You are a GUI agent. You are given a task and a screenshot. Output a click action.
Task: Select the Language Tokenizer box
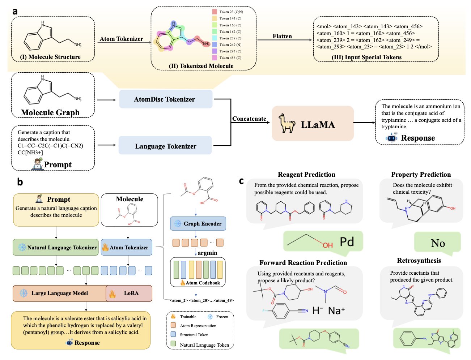click(x=165, y=146)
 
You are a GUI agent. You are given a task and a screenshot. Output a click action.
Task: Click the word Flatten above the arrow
click(x=282, y=36)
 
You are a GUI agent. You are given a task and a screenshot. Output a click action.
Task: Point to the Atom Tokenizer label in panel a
click(x=121, y=39)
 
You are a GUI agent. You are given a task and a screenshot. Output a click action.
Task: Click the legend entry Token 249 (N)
click(x=230, y=44)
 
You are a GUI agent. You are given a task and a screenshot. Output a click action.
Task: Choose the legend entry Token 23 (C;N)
click(x=231, y=12)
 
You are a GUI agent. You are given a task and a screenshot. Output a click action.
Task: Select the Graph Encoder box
click(x=198, y=224)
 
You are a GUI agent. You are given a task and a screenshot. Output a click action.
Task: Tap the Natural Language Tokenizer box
click(x=56, y=248)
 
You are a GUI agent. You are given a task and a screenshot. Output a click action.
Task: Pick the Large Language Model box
click(x=59, y=293)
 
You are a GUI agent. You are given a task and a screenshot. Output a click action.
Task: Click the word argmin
click(x=207, y=253)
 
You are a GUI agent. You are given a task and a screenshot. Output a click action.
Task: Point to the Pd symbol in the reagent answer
click(x=347, y=242)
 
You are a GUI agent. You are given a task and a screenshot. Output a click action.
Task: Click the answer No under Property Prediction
click(x=438, y=243)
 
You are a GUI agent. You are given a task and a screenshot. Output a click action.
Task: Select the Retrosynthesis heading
click(x=419, y=261)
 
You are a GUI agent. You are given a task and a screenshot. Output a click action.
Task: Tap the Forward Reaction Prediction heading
click(x=303, y=262)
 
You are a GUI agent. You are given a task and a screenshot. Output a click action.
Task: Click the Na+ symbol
click(x=336, y=310)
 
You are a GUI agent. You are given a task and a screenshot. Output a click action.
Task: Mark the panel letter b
click(x=20, y=182)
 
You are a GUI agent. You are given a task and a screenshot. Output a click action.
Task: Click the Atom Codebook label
click(x=203, y=283)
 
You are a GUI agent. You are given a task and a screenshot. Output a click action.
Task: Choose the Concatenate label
click(x=249, y=119)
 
